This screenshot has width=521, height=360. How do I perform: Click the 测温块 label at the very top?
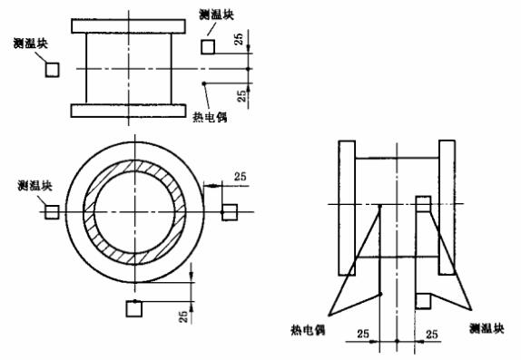pos(215,15)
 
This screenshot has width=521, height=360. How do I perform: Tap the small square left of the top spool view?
pos(52,69)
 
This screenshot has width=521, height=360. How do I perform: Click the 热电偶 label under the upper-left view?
pos(211,114)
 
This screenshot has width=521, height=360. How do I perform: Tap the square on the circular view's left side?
pos(52,210)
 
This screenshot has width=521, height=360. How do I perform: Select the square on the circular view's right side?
pos(229,211)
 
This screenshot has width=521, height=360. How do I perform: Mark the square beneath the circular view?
pos(134,309)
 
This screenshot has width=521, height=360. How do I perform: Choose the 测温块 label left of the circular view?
pos(34,186)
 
